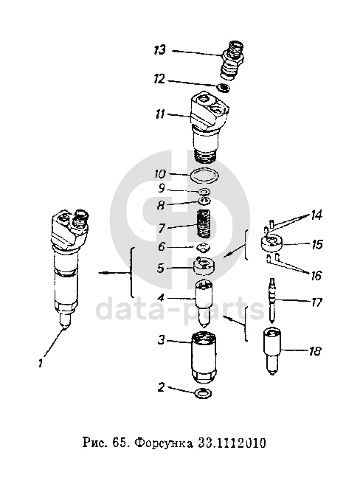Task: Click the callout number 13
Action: click(160, 49)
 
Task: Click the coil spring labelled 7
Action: click(204, 224)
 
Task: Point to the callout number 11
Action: click(160, 114)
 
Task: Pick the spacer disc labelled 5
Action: click(204, 266)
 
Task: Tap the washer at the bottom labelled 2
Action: click(204, 393)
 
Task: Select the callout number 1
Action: click(41, 363)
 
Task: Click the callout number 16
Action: click(316, 276)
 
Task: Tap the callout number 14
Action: click(316, 215)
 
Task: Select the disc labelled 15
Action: click(271, 243)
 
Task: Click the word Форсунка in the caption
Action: click(163, 443)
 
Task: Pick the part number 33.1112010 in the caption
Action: click(232, 443)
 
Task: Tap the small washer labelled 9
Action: click(204, 192)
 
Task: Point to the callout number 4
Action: click(161, 297)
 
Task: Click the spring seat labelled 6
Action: click(203, 247)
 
